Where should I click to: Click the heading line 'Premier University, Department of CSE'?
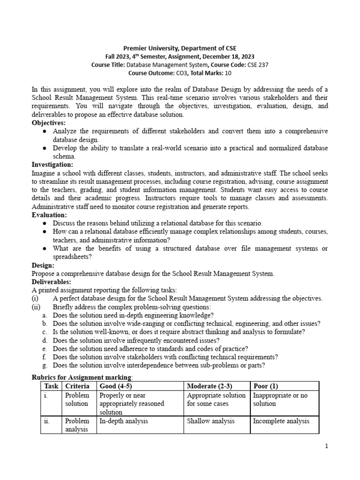click(x=180, y=48)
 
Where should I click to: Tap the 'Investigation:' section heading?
click(x=52, y=165)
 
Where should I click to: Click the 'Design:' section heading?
click(x=43, y=265)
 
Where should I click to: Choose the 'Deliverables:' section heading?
click(x=51, y=282)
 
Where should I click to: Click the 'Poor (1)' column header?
click(x=265, y=386)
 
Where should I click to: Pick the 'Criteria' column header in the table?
click(x=77, y=386)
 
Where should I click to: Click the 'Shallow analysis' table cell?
click(x=210, y=421)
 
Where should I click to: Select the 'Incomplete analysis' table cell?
click(x=281, y=421)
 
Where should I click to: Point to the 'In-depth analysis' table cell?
click(x=124, y=421)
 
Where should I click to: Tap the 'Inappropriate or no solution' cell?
click(x=280, y=399)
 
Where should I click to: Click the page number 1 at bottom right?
click(x=327, y=446)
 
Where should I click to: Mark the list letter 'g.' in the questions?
click(x=45, y=366)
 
